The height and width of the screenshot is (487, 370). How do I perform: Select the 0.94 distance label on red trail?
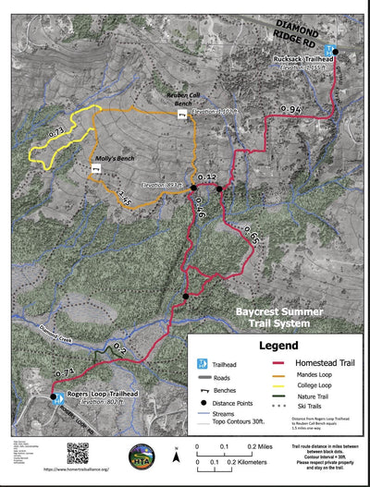[x=291, y=111]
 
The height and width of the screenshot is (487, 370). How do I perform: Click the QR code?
[x=78, y=454]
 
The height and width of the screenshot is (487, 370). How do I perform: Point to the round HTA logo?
[x=141, y=457]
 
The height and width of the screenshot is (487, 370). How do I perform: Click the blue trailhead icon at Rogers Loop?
[x=53, y=399]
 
